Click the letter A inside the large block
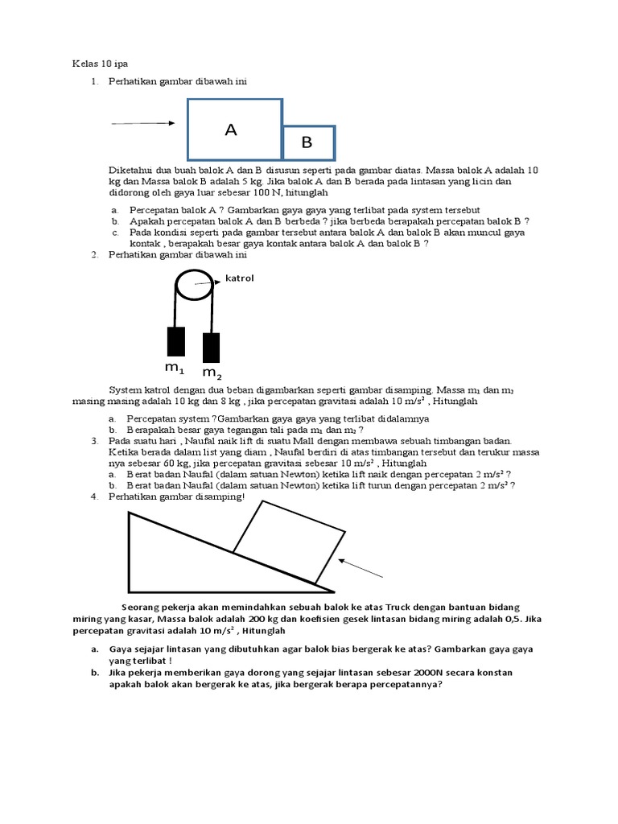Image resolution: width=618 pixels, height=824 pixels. tap(232, 130)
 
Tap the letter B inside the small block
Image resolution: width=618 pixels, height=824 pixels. tap(306, 143)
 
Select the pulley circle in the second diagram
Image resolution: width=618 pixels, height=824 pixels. tap(195, 286)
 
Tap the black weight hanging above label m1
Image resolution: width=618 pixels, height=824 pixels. tap(175, 341)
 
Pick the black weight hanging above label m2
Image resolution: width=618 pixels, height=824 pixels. tap(212, 347)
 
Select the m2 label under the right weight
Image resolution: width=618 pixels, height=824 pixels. tap(212, 373)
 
